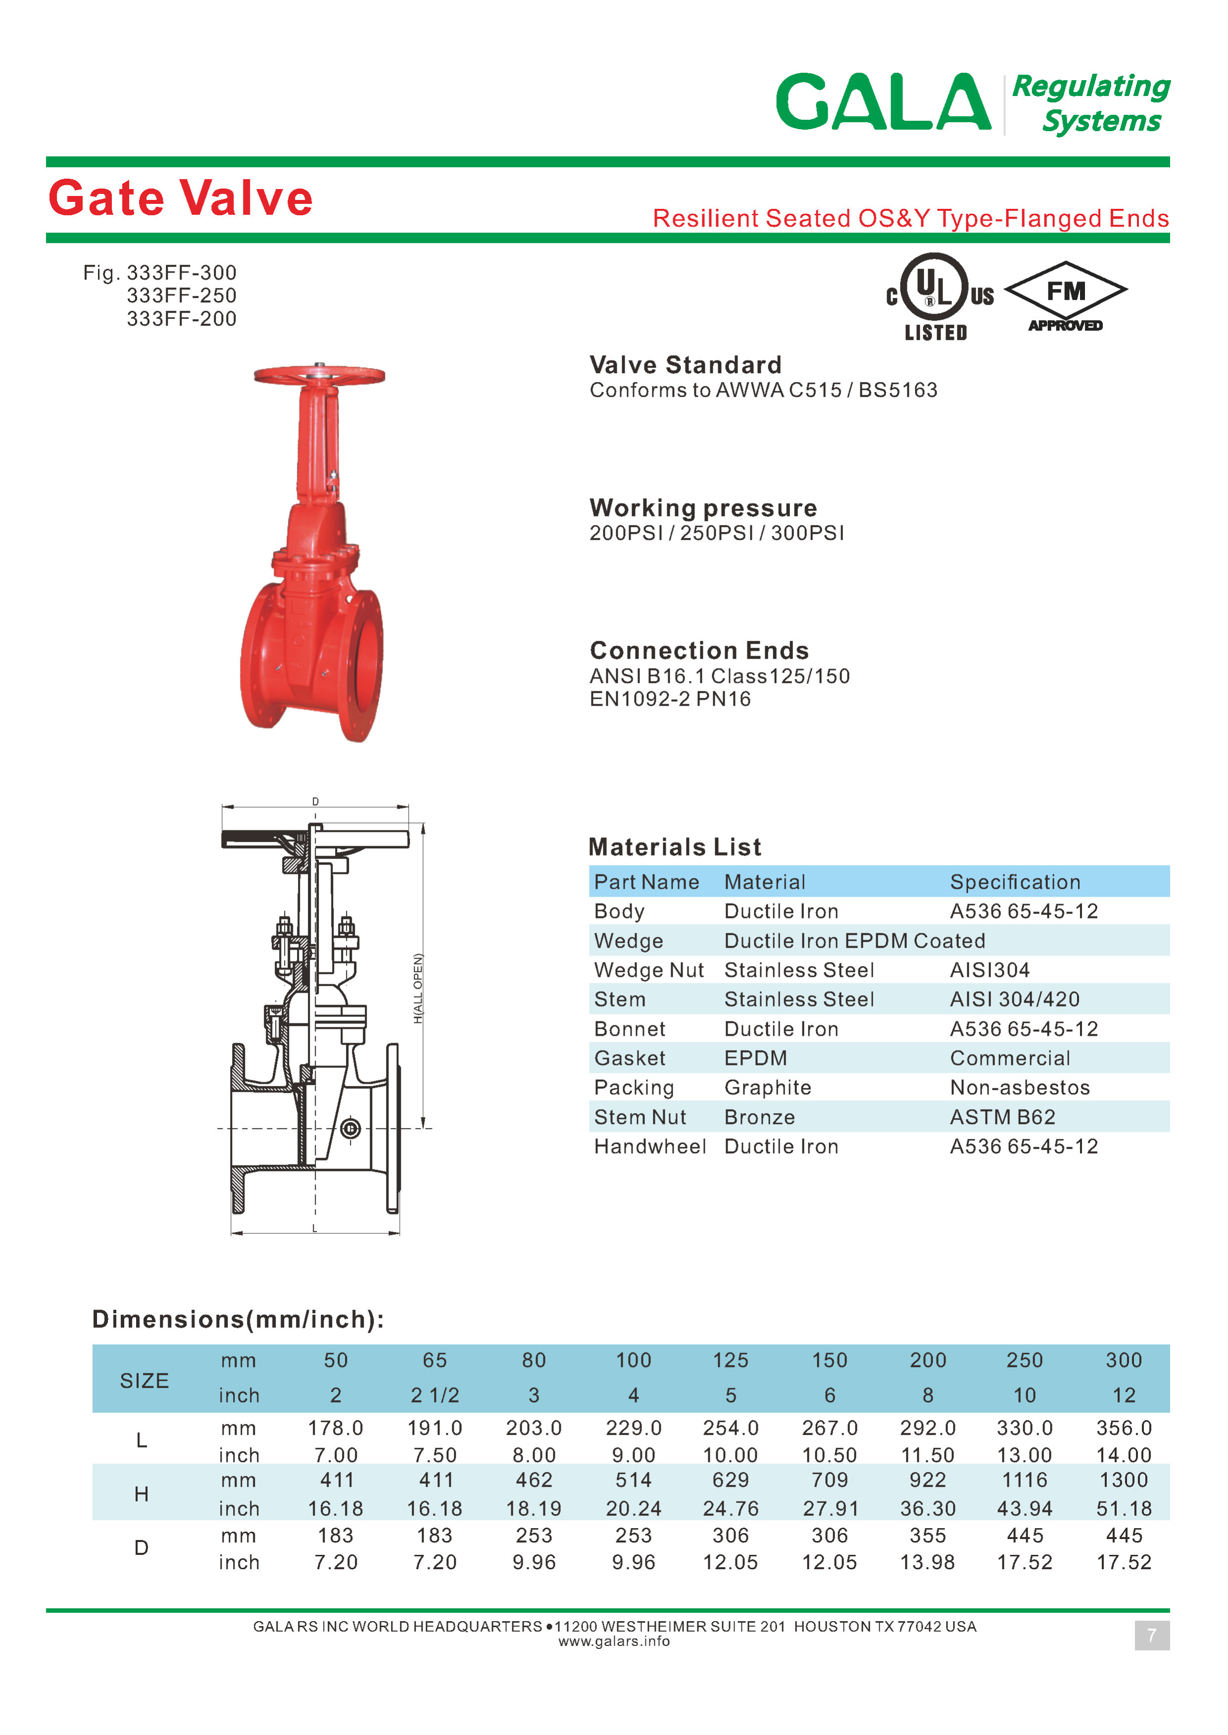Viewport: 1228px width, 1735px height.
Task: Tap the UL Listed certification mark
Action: [x=937, y=296]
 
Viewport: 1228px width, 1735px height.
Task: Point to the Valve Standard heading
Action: [x=685, y=365]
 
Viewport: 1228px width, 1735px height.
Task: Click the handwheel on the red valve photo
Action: [x=319, y=375]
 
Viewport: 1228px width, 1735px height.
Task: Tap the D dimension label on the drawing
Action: [x=315, y=801]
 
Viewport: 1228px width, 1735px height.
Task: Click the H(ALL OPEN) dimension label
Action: [x=418, y=988]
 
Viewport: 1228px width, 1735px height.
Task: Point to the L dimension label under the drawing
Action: [x=315, y=1228]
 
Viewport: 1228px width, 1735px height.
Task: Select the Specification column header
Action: [x=1015, y=882]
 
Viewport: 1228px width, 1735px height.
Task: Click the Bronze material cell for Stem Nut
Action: [x=759, y=1117]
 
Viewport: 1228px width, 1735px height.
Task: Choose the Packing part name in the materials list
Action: [x=634, y=1088]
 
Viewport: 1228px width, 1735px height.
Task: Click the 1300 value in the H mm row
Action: [x=1124, y=1480]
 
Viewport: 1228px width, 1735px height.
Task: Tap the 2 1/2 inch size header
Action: [x=435, y=1396]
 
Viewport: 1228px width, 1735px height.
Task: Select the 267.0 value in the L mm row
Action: [x=830, y=1428]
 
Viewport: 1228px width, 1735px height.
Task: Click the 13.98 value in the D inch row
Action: [x=927, y=1563]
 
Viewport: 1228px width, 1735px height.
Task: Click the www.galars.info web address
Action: [x=614, y=1641]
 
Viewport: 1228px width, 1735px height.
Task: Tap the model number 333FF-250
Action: [x=182, y=295]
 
